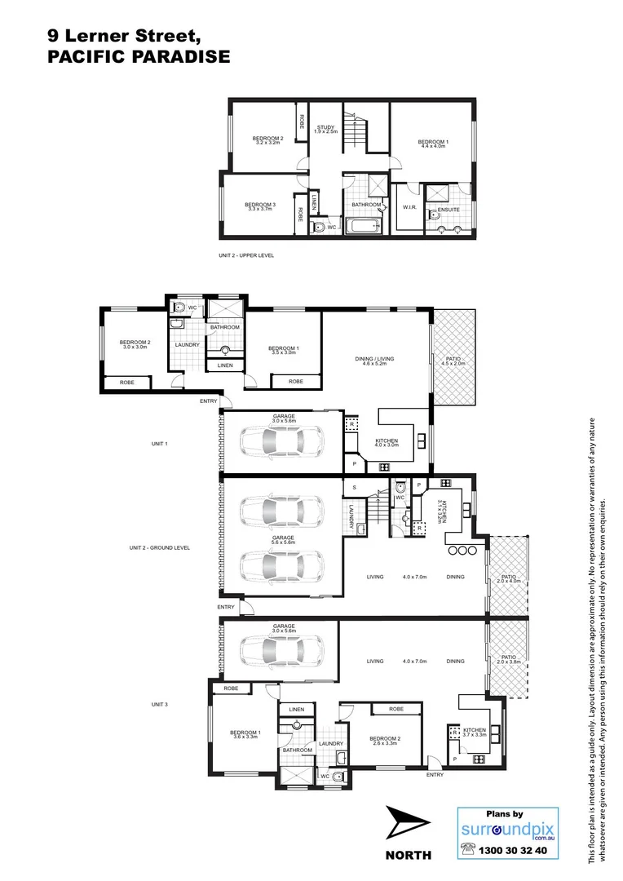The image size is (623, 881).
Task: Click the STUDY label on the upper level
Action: (325, 130)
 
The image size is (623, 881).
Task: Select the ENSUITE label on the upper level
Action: (448, 210)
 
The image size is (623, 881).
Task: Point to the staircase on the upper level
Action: (356, 131)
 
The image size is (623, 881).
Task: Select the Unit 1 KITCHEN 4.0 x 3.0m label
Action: (386, 442)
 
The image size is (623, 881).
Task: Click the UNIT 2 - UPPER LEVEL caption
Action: (246, 255)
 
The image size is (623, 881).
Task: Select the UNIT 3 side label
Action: (159, 703)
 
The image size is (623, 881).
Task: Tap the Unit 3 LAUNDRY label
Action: (330, 743)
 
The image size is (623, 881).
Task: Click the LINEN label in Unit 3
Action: (296, 710)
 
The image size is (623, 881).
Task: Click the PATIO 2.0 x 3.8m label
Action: (509, 659)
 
